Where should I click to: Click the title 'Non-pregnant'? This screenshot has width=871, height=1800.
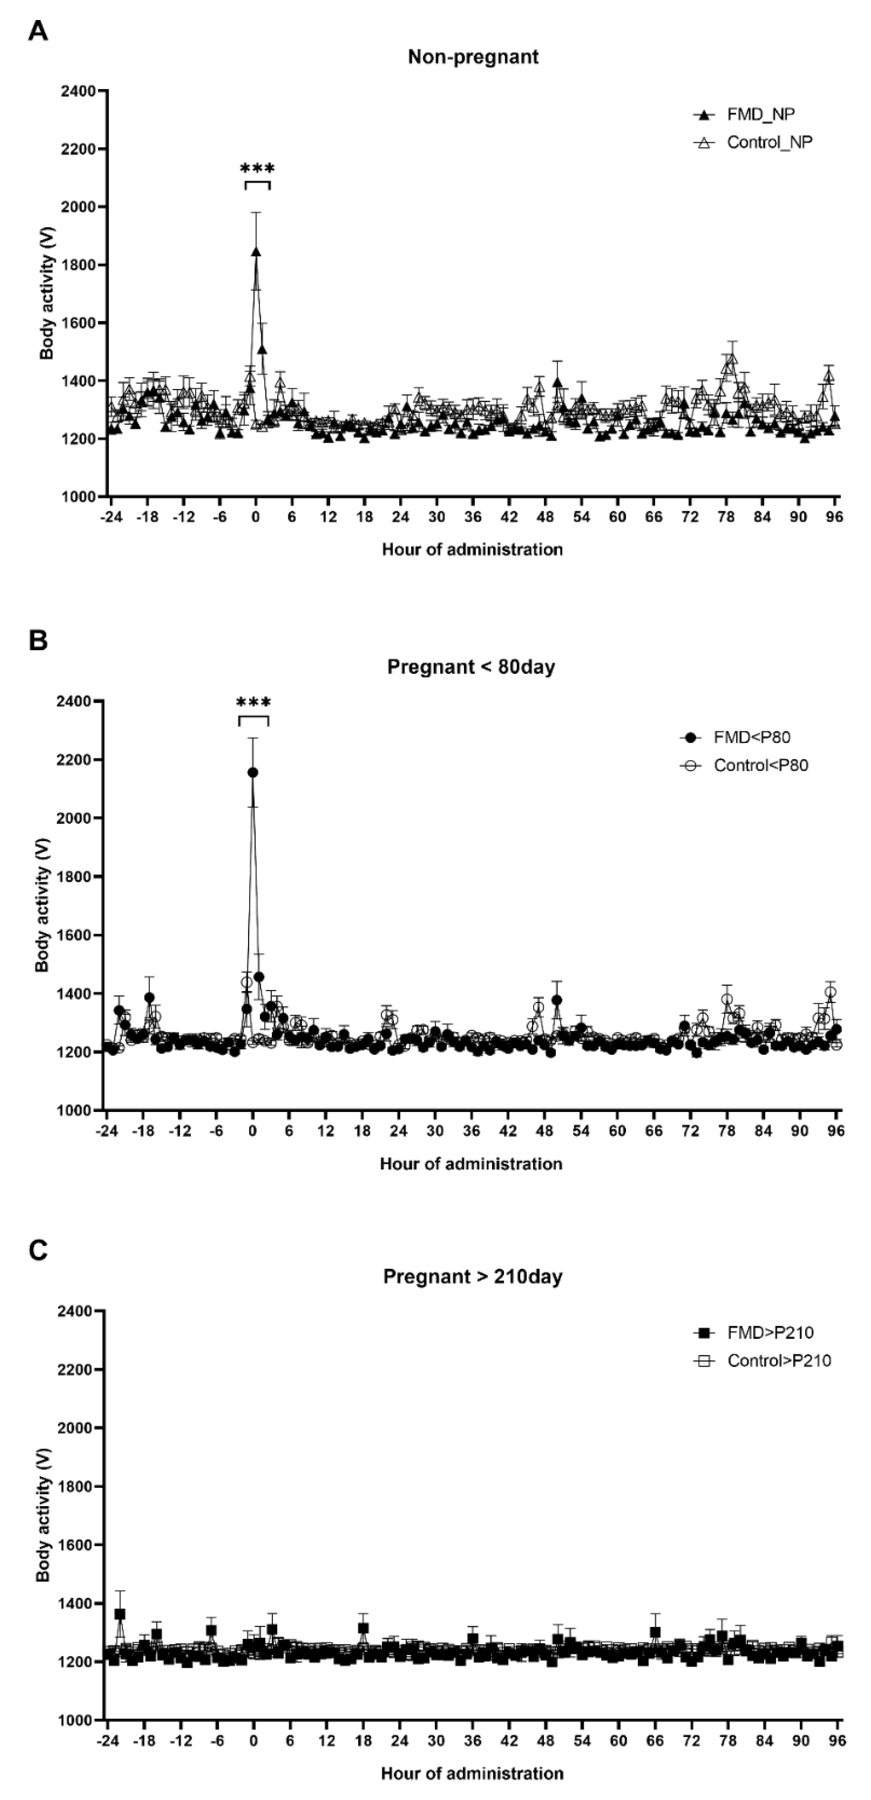click(x=473, y=57)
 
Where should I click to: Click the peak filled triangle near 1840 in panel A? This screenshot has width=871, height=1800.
click(x=257, y=252)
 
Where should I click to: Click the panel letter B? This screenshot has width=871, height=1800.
click(x=38, y=641)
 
